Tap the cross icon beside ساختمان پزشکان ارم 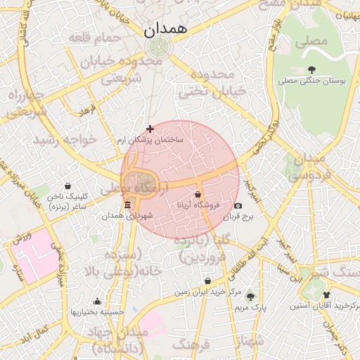click(x=150, y=128)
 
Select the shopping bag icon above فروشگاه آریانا click(x=198, y=194)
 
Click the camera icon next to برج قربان click(x=238, y=206)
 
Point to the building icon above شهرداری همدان click(x=127, y=205)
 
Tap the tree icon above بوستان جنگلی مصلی click(x=311, y=69)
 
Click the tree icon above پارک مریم click(x=250, y=296)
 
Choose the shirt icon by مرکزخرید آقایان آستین click(x=326, y=295)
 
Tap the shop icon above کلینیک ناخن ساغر click(x=67, y=186)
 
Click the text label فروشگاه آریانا click(x=198, y=205)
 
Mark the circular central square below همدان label click(x=157, y=47)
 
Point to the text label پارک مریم click(x=250, y=307)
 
